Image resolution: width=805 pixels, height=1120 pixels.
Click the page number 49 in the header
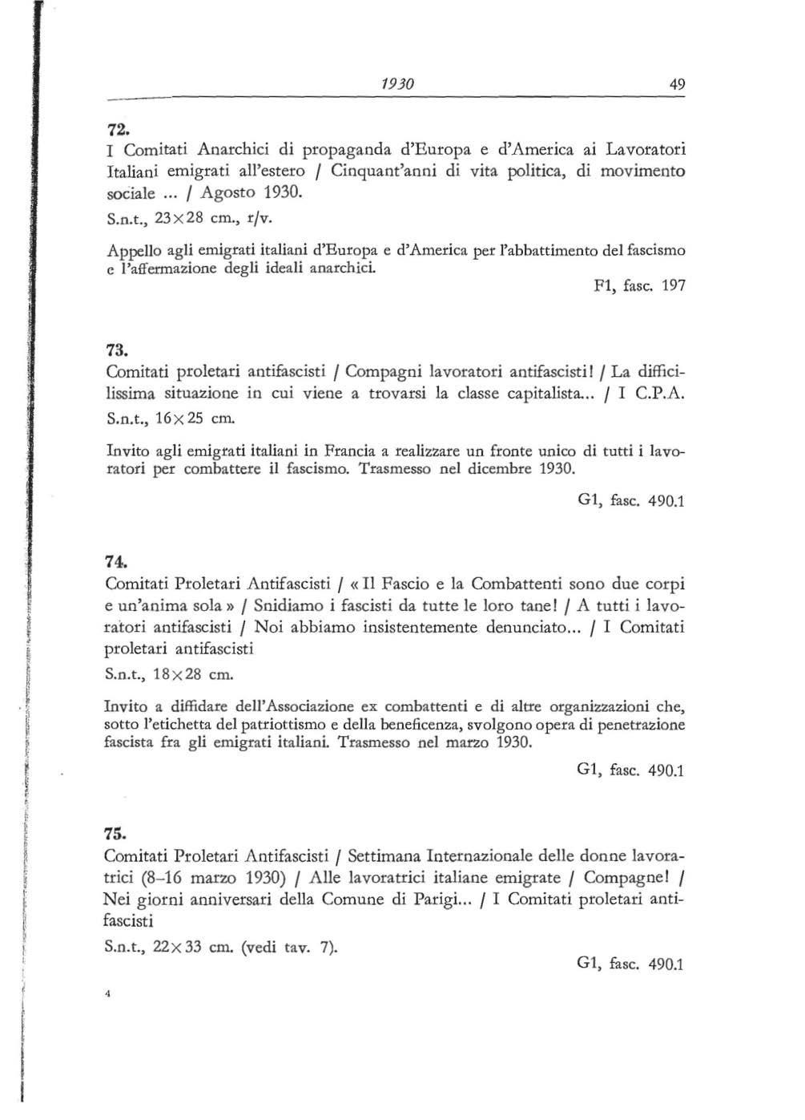[x=678, y=84]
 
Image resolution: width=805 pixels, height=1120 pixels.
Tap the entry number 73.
[x=117, y=351]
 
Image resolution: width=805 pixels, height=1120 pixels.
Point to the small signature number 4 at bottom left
[x=107, y=993]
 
